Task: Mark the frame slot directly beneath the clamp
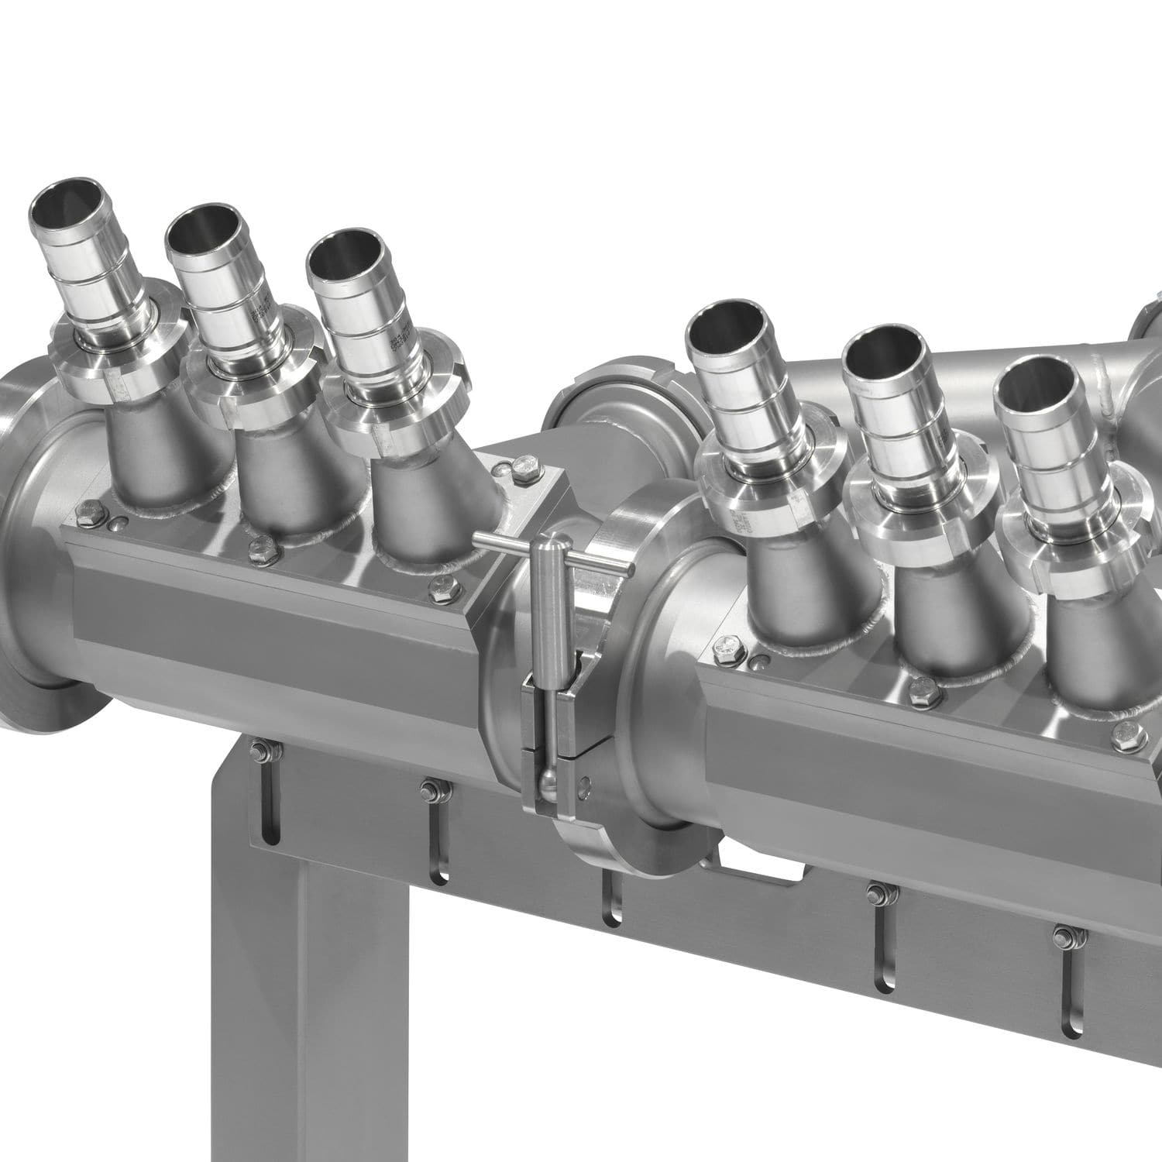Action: (x=613, y=899)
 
